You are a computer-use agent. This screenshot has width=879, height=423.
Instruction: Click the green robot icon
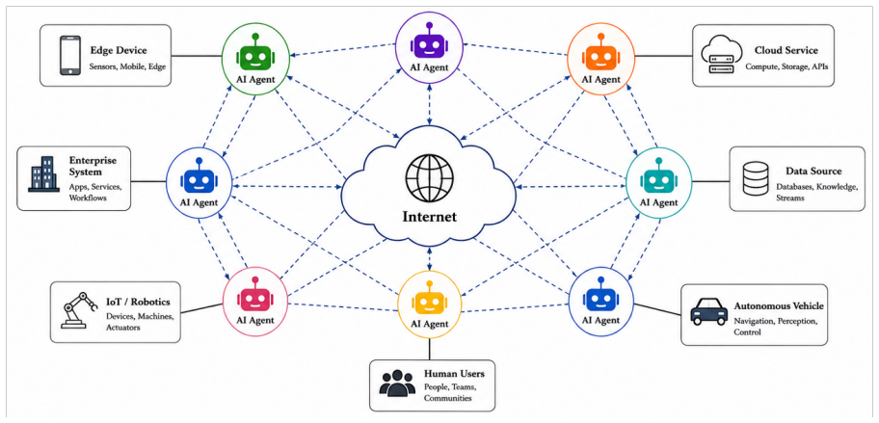pos(255,54)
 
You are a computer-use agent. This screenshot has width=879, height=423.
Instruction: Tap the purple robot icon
pos(430,42)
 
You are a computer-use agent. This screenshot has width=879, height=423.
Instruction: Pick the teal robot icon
pos(658,178)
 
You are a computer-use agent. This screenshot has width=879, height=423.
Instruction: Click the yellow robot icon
pos(430,300)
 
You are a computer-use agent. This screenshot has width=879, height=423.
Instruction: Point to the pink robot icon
pos(255,297)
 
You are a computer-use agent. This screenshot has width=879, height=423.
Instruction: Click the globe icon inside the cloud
pos(429,179)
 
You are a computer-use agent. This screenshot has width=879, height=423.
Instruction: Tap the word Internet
pos(429,217)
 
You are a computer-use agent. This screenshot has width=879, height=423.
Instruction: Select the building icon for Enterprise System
pos(43,174)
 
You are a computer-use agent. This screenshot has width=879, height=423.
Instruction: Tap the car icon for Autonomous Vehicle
pos(709,311)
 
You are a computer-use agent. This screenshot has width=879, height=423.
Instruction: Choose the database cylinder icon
pos(755,178)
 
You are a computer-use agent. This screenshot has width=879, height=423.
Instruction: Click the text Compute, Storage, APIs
pos(786,66)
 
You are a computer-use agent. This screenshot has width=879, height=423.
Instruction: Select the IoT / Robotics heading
pos(138,303)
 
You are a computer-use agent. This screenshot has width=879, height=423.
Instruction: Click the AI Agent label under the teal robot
pos(659,202)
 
